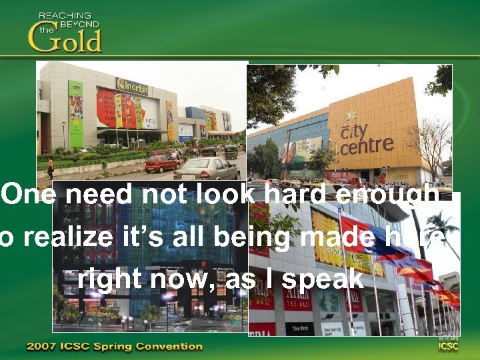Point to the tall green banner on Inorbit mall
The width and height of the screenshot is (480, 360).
pos(76,113)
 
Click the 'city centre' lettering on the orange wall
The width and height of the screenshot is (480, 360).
pos(366,137)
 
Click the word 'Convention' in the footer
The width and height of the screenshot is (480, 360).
pos(171,346)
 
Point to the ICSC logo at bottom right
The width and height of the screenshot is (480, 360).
pos(447,345)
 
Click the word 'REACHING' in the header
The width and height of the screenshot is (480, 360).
pos(65,15)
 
